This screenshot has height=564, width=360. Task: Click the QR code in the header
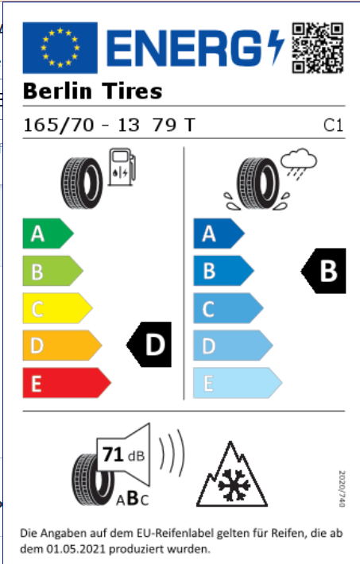coord(318,48)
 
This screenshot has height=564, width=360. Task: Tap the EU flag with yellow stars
coord(60,48)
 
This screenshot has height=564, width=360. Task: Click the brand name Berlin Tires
coord(92,91)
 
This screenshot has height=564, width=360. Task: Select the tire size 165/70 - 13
coord(81,126)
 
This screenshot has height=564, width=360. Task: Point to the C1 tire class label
coord(333,126)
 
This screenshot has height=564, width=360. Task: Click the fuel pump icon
coord(122,167)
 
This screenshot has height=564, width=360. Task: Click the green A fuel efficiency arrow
coord(48,234)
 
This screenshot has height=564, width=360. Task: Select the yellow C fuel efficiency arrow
coord(57,308)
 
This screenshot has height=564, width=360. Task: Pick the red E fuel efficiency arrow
coord(67,383)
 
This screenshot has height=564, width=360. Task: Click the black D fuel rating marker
coord(149,344)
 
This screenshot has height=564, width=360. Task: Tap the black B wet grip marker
coord(323,271)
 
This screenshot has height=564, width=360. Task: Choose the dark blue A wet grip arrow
coord(219,234)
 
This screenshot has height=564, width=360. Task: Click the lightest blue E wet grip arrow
coord(238,383)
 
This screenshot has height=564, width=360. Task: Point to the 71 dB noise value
coord(123,454)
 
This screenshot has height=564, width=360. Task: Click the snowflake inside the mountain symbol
coord(234,484)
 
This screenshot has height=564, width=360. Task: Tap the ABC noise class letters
coord(132,499)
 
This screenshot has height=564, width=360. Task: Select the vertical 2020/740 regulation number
coord(342,489)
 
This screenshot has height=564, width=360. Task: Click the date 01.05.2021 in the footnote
coord(75,549)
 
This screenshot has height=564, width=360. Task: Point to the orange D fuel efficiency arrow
coord(62,346)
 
